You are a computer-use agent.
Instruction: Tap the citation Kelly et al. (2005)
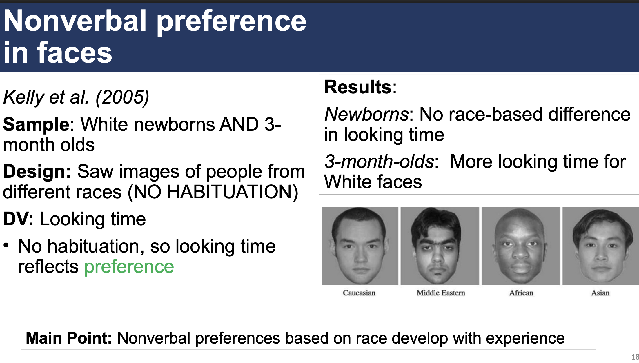point(76,97)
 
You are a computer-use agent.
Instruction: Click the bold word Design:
point(37,172)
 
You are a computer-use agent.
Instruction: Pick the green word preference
point(129,267)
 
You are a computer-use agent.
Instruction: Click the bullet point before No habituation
point(6,246)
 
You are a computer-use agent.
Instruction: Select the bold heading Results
point(358,87)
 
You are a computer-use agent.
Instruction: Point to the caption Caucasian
point(359,293)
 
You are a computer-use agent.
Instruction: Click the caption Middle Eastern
point(441,293)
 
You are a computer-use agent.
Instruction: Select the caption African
point(521,293)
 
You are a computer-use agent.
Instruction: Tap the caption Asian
point(600,293)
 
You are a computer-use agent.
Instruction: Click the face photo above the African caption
point(521,246)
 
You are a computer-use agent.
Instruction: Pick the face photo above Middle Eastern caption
point(440,246)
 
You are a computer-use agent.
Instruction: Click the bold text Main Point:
point(69,338)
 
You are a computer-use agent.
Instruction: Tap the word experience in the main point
point(525,338)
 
